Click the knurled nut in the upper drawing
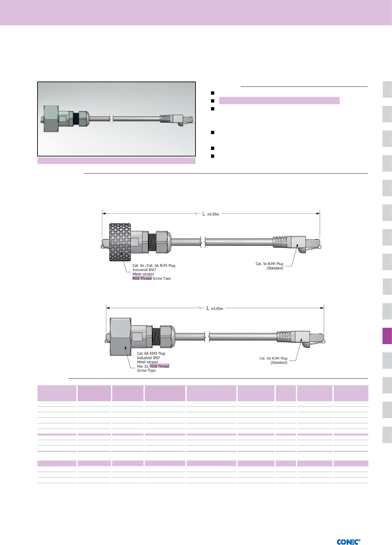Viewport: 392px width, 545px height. click(x=120, y=242)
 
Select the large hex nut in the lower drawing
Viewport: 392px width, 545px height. click(x=120, y=337)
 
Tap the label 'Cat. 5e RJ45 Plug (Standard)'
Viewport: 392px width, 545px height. click(x=269, y=266)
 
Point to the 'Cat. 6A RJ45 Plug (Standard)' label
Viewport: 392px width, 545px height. click(x=273, y=360)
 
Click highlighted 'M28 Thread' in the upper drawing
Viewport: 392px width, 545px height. click(x=142, y=278)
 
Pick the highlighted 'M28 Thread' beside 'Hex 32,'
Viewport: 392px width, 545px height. click(x=160, y=366)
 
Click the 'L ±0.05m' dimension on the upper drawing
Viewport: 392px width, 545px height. click(x=211, y=214)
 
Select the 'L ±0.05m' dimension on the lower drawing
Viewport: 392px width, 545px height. click(x=215, y=308)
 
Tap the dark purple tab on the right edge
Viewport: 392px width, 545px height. click(x=387, y=336)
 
